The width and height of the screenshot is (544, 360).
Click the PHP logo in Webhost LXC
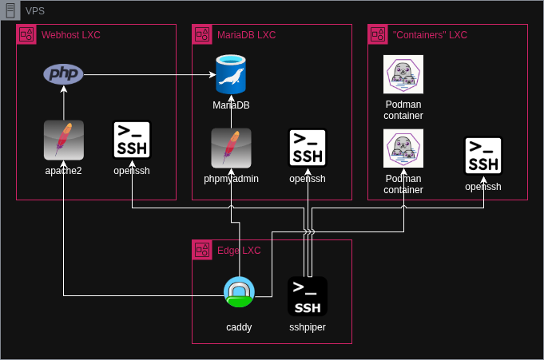63,74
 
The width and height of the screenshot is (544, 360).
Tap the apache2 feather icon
63,140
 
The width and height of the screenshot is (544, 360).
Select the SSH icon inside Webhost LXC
132,140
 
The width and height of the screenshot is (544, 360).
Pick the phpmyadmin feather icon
231,148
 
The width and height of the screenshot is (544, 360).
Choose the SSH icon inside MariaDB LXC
308,148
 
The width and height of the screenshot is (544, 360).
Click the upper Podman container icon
403,75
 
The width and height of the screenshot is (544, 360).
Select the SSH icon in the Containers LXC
483,156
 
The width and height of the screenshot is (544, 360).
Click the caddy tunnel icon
239,292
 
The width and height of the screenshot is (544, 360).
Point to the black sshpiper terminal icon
308,296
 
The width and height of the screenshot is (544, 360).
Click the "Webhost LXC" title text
71,35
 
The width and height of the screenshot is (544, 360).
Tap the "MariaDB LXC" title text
246,35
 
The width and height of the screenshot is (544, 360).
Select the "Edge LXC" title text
239,251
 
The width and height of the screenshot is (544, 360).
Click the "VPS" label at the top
35,10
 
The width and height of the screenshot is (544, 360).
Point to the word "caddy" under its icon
239,327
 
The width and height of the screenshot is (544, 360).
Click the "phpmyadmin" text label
231,179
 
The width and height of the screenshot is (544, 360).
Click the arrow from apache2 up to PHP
63,102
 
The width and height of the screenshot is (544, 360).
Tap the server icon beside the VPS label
10,10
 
